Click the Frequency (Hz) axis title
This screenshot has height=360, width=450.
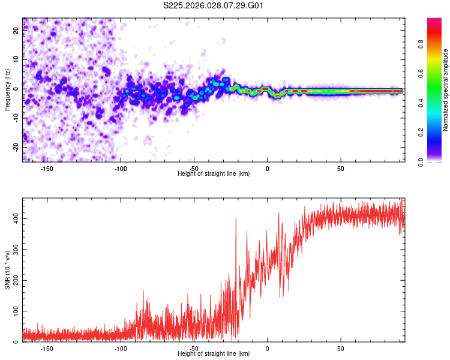point(7,90)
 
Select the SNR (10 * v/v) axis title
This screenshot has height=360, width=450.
point(7,271)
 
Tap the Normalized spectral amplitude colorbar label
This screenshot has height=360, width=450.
point(445,90)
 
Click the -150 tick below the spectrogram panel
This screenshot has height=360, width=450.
point(47,169)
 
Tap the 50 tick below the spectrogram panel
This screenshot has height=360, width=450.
point(340,169)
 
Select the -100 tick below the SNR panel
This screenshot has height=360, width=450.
point(121,349)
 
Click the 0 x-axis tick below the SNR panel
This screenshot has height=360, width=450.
point(267,349)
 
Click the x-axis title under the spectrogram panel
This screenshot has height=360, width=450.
point(214,174)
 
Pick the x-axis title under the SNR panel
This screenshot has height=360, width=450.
point(214,354)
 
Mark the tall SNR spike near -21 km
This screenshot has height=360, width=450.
point(236,220)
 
